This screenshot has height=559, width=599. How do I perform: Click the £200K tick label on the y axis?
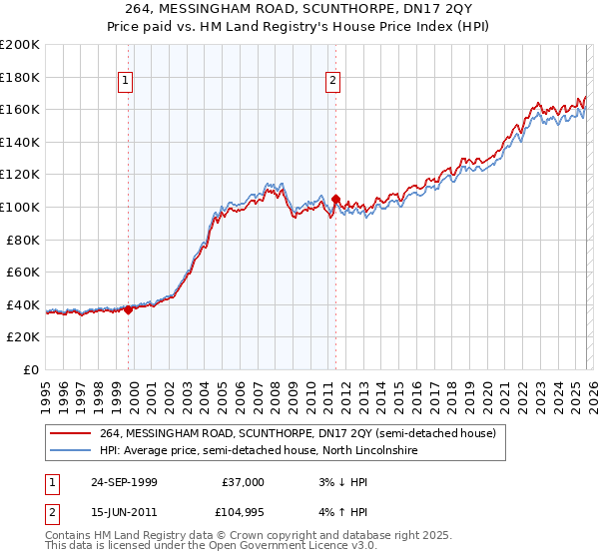pyautogui.click(x=20, y=45)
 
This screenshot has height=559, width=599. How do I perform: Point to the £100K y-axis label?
pyautogui.click(x=20, y=207)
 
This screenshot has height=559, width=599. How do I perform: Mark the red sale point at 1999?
pyautogui.click(x=129, y=309)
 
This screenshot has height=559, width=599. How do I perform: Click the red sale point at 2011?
pyautogui.click(x=335, y=199)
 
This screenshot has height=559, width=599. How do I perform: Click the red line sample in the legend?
pyautogui.click(x=71, y=433)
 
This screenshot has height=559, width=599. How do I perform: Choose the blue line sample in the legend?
pyautogui.click(x=71, y=451)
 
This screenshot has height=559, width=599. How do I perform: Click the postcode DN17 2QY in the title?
pyautogui.click(x=385, y=11)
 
